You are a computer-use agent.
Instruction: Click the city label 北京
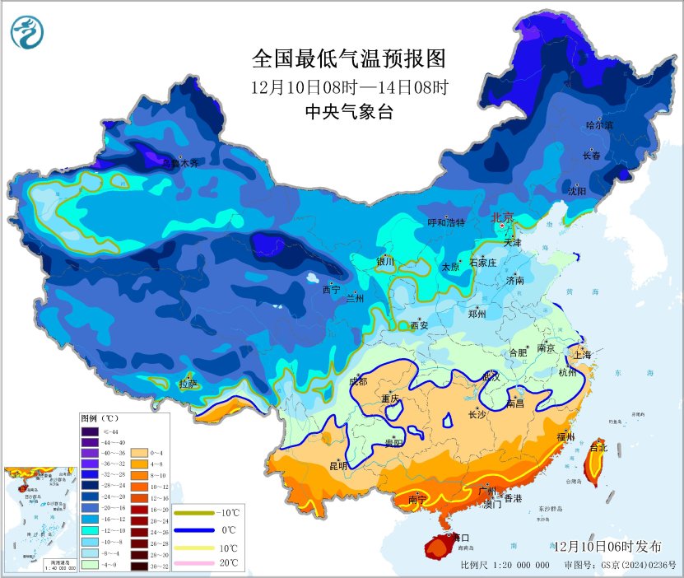(x=502, y=217)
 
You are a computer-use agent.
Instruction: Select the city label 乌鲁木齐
(x=179, y=163)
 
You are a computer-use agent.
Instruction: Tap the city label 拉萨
(x=188, y=383)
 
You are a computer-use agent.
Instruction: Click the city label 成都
(x=358, y=381)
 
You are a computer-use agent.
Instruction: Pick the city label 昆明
(x=338, y=465)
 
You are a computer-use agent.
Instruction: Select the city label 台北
(x=598, y=448)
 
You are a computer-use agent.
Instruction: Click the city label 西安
(x=420, y=325)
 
